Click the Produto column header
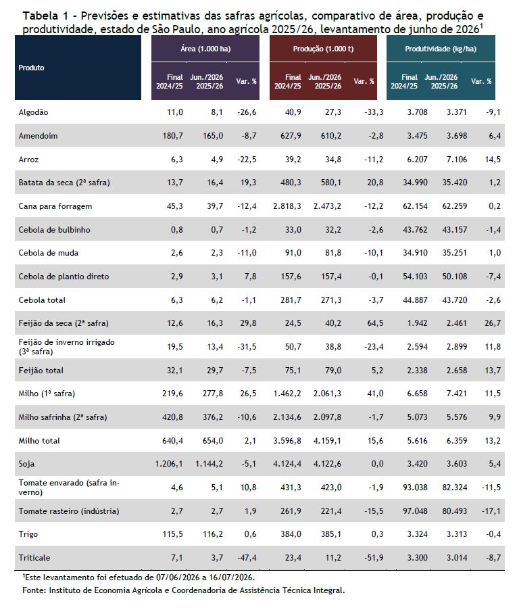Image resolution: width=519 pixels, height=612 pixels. tap(31, 68)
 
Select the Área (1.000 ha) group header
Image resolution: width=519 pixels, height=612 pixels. tap(205, 49)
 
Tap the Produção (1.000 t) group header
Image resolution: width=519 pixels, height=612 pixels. tap(323, 49)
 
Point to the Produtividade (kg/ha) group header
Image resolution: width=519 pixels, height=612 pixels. tap(441, 49)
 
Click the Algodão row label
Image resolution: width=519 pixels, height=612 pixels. tap(34, 112)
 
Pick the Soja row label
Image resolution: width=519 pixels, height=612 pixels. tap(26, 464)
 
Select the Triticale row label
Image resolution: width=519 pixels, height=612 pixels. tap(34, 558)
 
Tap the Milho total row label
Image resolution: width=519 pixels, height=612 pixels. tap(39, 441)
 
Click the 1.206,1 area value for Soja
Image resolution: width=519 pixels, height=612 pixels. tap(169, 464)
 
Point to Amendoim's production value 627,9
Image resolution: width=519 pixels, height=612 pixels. tap(291, 136)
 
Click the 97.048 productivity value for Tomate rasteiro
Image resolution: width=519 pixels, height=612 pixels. tap(415, 511)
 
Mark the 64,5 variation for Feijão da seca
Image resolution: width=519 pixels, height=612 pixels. tap(375, 323)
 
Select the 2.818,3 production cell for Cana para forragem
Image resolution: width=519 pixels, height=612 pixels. tap(287, 206)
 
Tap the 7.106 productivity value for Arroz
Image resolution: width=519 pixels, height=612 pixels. tap(457, 159)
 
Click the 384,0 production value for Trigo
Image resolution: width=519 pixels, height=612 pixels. tap(291, 534)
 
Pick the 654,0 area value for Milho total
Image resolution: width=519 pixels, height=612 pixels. tap(213, 441)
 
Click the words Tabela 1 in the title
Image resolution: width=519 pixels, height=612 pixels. tap(46, 16)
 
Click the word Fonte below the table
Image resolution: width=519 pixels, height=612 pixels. tap(32, 590)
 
